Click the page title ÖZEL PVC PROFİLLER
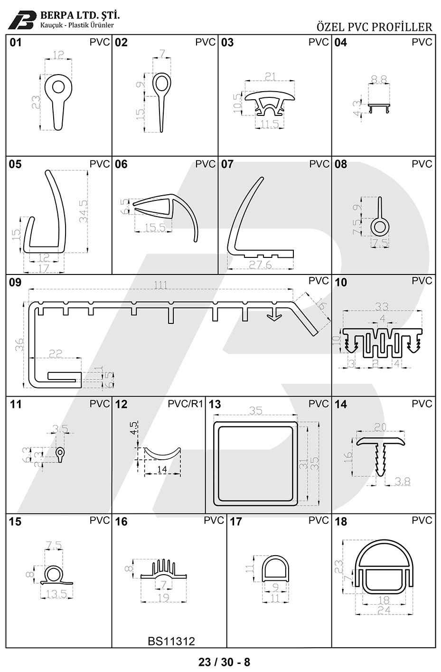pos(374,27)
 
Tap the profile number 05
pos(16,164)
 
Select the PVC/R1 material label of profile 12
pos(185,404)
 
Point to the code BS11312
pos(171,642)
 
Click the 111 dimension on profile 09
pos(161,285)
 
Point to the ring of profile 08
pos(379,227)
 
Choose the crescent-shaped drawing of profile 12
pos(163,454)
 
